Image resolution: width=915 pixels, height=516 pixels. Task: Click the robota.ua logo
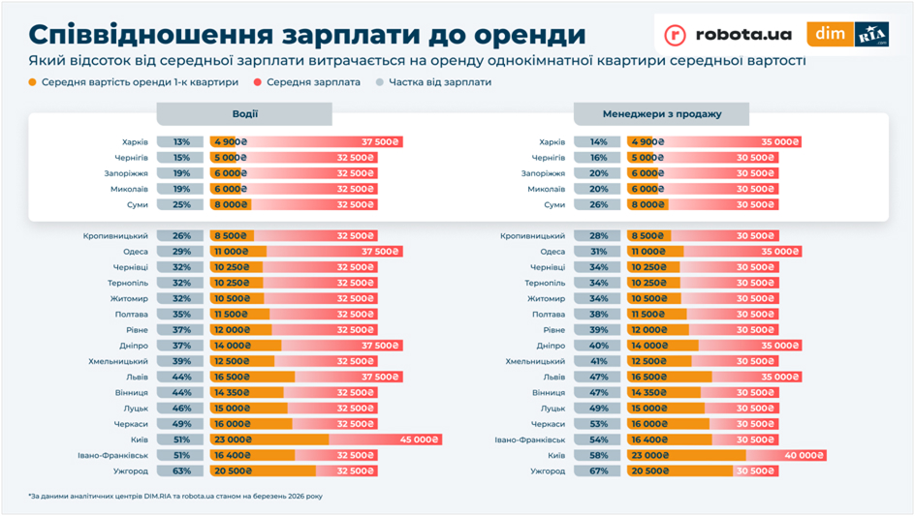pyautogui.click(x=728, y=35)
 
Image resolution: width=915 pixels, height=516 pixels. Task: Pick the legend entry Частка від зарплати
pyautogui.click(x=439, y=82)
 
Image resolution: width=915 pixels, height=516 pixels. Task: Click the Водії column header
pyautogui.click(x=244, y=114)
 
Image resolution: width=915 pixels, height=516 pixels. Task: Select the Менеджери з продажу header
pyautogui.click(x=661, y=114)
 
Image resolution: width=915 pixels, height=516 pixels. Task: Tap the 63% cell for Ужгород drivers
pyautogui.click(x=181, y=471)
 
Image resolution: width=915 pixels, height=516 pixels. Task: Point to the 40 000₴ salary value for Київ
pyautogui.click(x=805, y=455)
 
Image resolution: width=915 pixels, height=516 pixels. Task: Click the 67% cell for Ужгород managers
pyautogui.click(x=597, y=471)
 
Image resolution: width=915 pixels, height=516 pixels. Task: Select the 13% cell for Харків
pyautogui.click(x=181, y=142)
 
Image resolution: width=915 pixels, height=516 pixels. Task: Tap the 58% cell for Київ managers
pyautogui.click(x=597, y=455)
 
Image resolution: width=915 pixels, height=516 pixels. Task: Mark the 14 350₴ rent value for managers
pyautogui.click(x=650, y=393)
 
